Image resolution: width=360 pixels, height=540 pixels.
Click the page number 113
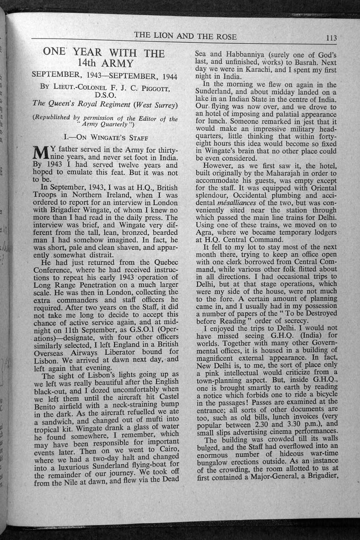[331, 38]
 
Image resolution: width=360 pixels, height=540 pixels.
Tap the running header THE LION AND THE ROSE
[185, 36]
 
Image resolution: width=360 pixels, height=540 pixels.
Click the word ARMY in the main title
[118, 64]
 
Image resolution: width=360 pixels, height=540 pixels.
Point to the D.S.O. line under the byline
[105, 95]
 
